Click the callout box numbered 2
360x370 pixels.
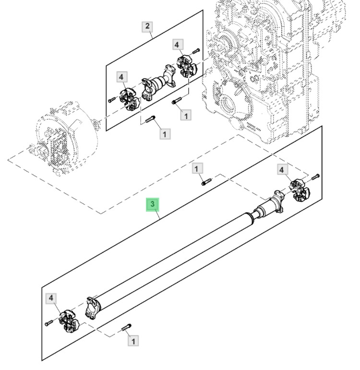click(147, 27)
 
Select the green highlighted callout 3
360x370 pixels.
click(153, 204)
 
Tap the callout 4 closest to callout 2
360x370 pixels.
click(177, 45)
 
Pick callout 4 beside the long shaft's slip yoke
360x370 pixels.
click(282, 170)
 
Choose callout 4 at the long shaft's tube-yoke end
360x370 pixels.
click(51, 298)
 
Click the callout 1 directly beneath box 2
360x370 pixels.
click(165, 134)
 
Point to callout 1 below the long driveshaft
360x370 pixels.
click(133, 341)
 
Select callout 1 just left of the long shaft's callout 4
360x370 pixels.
click(197, 168)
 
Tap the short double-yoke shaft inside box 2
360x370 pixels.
click(158, 84)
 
